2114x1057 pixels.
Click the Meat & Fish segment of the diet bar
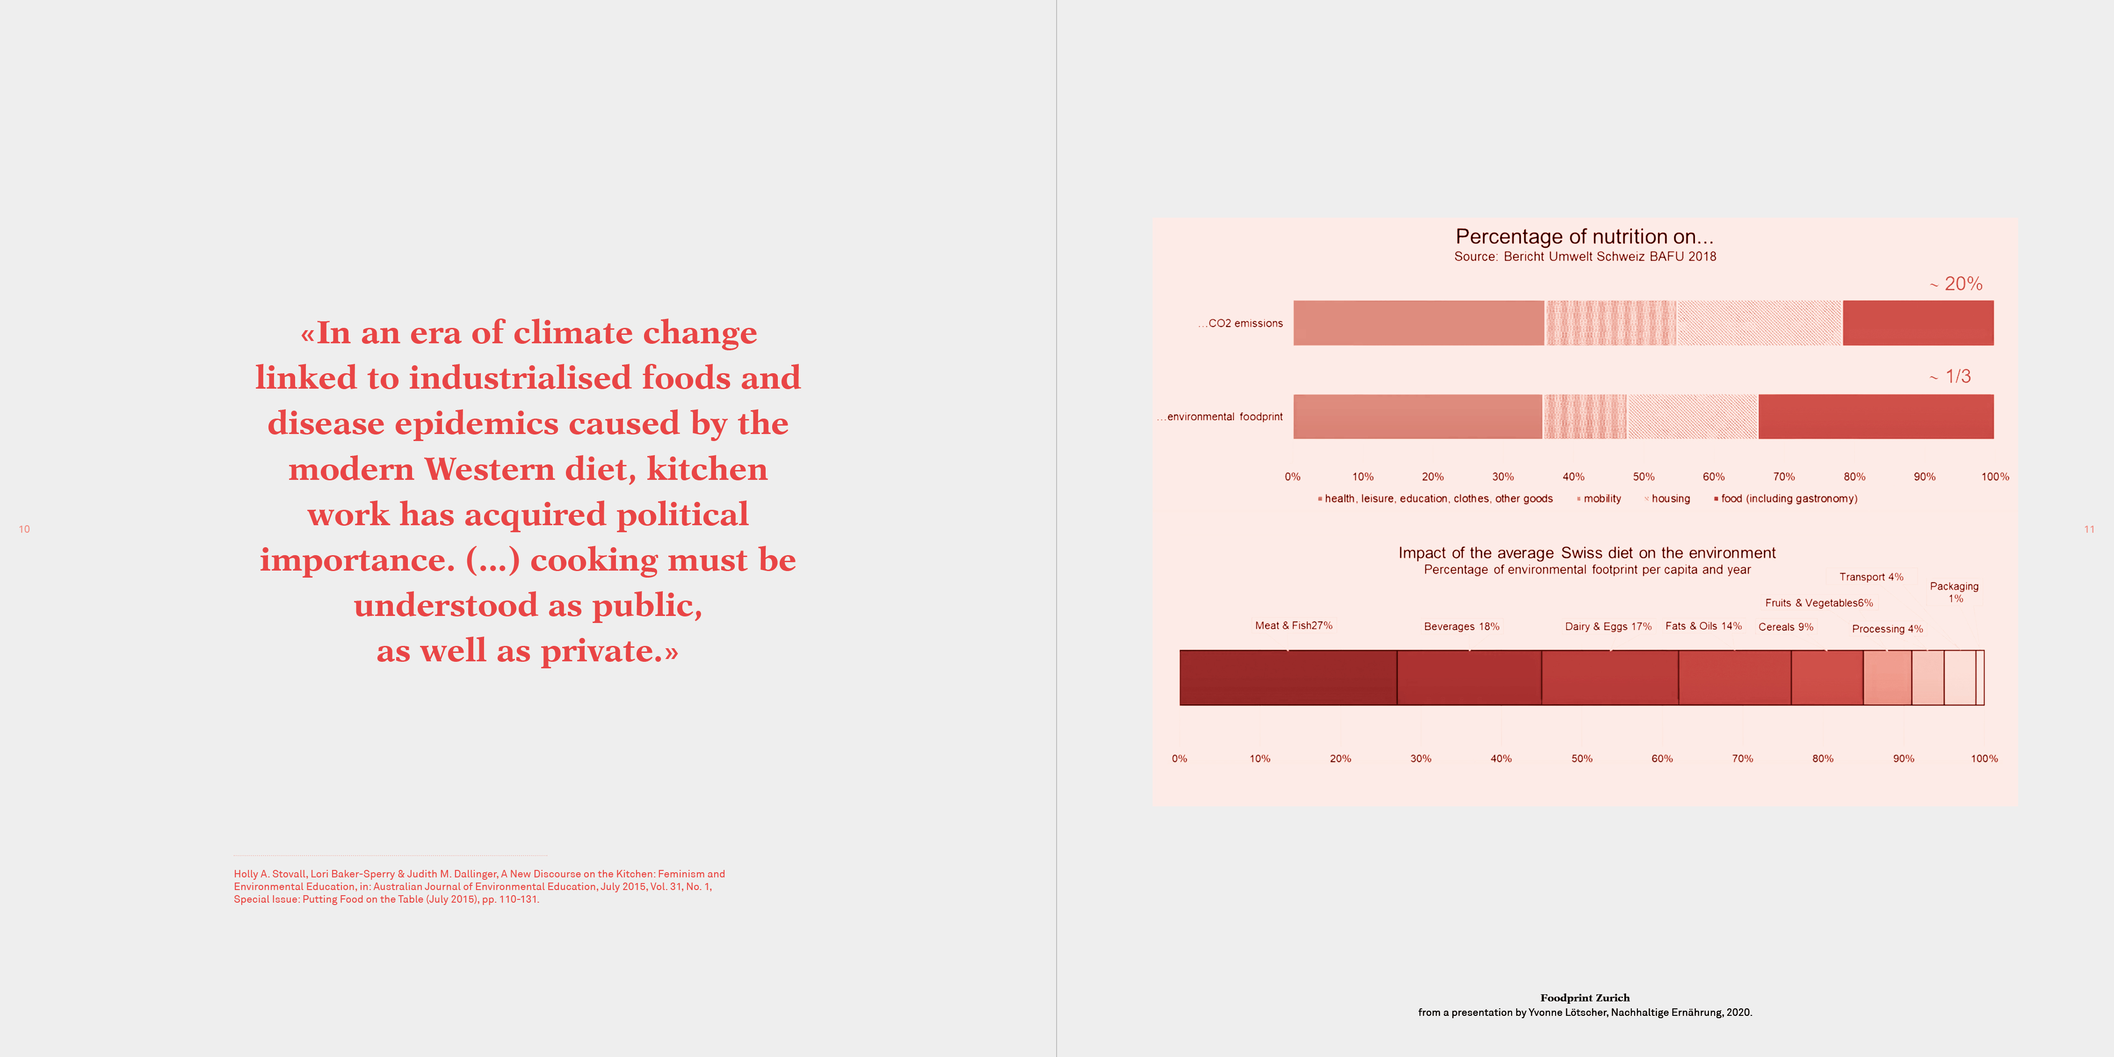tap(1289, 678)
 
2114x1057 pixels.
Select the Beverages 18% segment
tap(1469, 678)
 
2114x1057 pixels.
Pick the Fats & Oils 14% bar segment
tap(1735, 678)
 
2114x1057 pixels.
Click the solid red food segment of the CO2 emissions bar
tap(1918, 323)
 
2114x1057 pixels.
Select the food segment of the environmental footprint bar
tap(1876, 416)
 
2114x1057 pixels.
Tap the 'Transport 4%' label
tap(1871, 577)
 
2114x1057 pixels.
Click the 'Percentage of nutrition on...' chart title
tap(1585, 236)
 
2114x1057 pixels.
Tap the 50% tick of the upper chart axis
tap(1644, 477)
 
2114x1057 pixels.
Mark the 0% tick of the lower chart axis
tap(1179, 758)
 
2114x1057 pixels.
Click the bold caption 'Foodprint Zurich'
tap(1585, 998)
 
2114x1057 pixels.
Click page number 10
tap(25, 529)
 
